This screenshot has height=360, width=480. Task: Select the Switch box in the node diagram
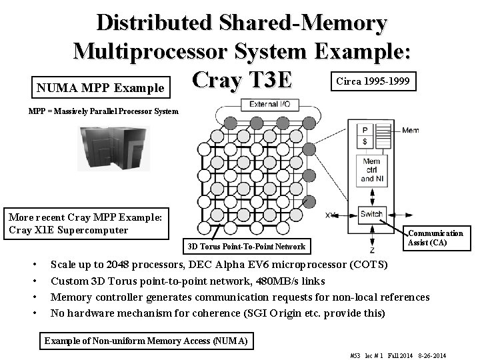371,214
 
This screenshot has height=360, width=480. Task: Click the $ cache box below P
365,142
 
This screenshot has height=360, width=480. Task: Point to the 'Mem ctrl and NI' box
371,169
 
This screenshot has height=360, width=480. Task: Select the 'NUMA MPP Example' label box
100,87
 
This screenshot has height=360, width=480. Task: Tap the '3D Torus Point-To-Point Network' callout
246,247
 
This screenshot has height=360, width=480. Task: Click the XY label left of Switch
331,215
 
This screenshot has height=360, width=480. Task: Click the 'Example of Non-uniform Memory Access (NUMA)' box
146,341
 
